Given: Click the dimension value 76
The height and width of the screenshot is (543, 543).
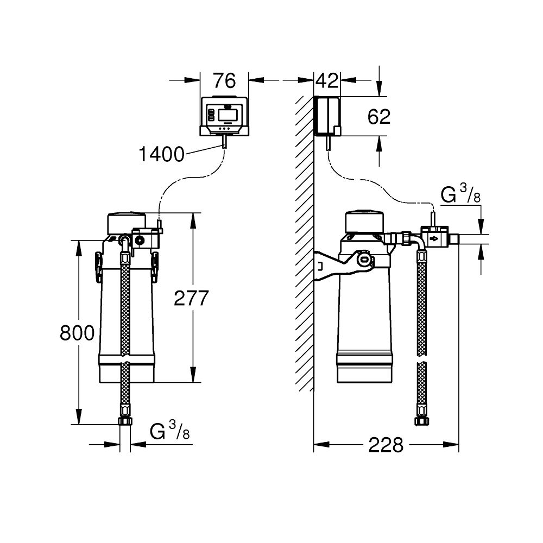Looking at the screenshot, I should [224, 81].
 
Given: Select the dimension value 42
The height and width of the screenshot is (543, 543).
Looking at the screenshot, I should [327, 81].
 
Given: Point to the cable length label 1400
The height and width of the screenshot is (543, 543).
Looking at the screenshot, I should [161, 155].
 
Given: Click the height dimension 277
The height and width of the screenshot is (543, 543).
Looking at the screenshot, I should [191, 298].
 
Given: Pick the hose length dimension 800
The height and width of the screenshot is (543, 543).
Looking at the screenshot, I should [77, 333].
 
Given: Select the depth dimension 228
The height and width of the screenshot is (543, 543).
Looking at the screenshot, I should [386, 445].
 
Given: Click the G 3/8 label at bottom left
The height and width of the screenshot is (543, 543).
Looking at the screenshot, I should [169, 432].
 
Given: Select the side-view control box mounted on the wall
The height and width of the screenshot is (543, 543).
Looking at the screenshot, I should [327, 116].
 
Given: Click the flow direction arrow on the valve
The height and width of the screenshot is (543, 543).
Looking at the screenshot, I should [434, 238].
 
